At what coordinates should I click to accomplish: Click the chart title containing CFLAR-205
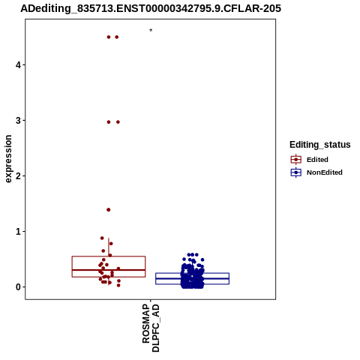point(151,8)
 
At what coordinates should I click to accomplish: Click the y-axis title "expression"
point(8,159)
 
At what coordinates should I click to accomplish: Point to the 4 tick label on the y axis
point(18,65)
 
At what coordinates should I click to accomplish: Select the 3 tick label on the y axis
point(18,121)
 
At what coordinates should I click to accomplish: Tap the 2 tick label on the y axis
point(18,176)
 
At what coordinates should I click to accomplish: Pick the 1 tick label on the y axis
point(18,232)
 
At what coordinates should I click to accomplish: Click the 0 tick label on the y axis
point(18,287)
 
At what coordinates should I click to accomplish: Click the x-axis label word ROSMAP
point(146,323)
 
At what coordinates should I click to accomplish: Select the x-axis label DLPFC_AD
point(155,328)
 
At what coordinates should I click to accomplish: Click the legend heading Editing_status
point(320,145)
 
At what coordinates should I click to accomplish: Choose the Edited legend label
point(317,160)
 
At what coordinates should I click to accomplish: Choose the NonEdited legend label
point(325,172)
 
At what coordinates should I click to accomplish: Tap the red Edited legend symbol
point(296,160)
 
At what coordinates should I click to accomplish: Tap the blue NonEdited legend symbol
point(296,172)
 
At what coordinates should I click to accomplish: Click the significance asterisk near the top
point(151,31)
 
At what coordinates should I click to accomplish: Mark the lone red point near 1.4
point(109,210)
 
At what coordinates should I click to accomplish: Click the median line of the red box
point(109,270)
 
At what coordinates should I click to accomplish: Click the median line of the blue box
point(192,278)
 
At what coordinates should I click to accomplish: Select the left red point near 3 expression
point(109,122)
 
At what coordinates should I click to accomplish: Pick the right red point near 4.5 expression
point(117,37)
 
